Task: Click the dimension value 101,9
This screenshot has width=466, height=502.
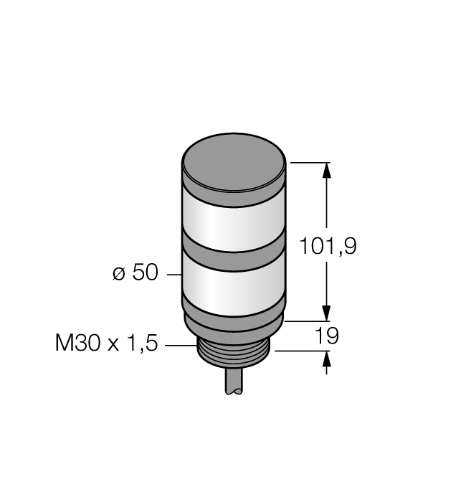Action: [x=328, y=247]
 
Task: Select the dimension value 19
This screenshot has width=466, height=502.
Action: [x=327, y=336]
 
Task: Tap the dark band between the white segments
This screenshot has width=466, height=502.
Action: [x=234, y=257]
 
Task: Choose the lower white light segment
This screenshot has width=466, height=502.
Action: [x=234, y=290]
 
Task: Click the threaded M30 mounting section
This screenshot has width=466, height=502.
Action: [x=234, y=354]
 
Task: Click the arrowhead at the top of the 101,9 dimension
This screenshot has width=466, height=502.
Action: [x=328, y=171]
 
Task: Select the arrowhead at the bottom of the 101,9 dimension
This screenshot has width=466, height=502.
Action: [x=328, y=313]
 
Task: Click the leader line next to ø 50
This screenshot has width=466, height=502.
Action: [x=173, y=274]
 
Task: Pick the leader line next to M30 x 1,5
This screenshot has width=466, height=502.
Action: [x=181, y=346]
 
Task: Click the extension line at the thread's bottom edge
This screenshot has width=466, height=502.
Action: [x=301, y=351]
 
